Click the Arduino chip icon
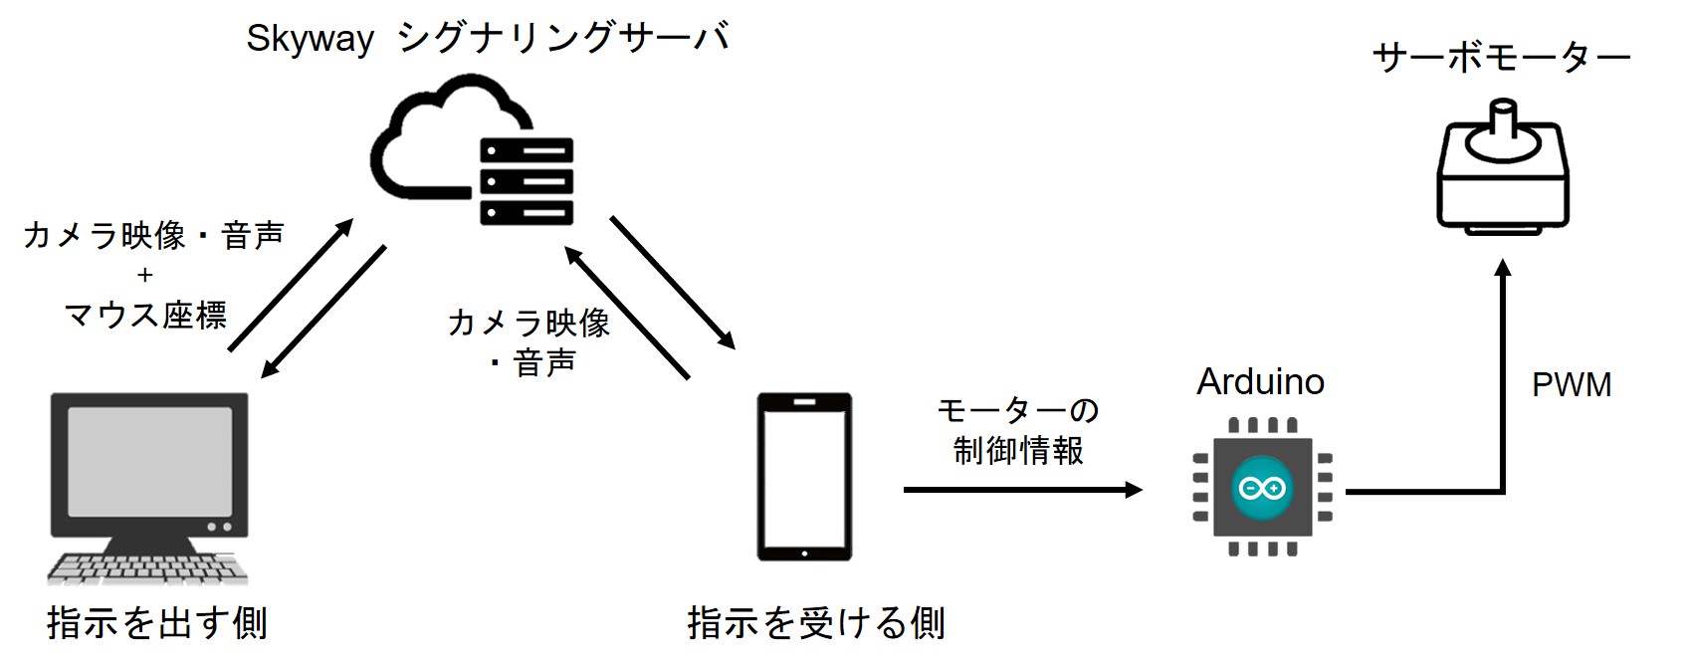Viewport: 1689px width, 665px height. coord(1261,487)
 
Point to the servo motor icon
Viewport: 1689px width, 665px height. coord(1503,169)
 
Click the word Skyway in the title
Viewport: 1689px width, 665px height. coord(310,40)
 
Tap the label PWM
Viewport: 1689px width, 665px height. coord(1571,385)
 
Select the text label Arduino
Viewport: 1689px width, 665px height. coord(1260,382)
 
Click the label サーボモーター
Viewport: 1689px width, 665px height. coord(1501,59)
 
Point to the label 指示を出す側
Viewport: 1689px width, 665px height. coord(157,624)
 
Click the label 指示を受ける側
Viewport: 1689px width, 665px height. coord(816,624)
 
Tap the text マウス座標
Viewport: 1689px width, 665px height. coord(145,316)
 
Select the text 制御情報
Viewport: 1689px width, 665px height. coord(1018,451)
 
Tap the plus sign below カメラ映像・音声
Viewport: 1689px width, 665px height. coord(145,275)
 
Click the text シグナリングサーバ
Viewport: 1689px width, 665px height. coord(563,38)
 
